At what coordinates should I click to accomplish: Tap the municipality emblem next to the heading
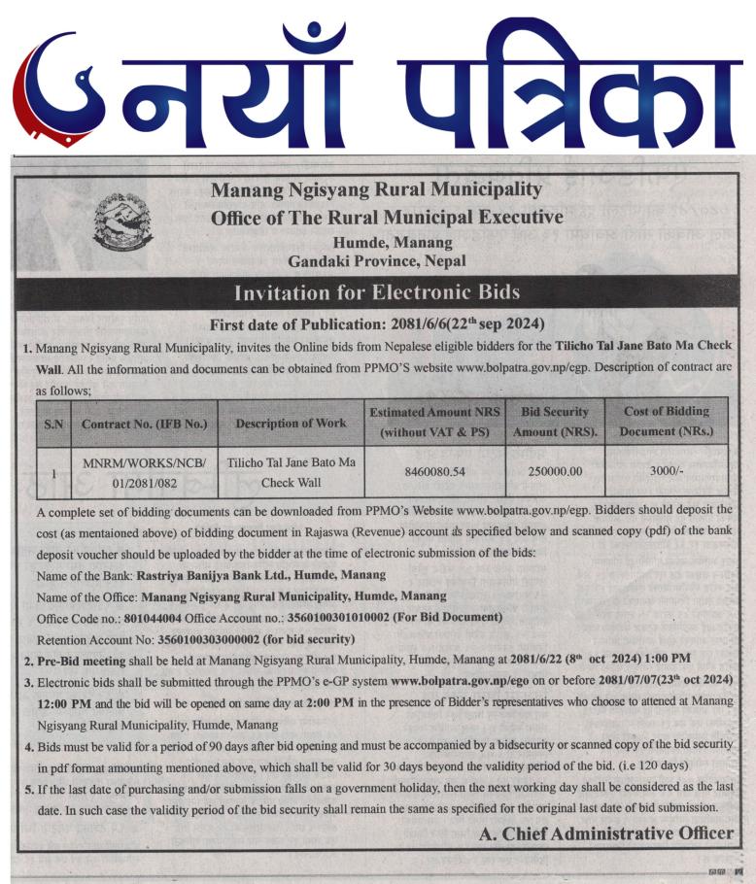120,221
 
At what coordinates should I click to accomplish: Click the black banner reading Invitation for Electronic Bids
377,292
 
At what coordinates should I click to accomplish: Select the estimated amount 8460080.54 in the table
434,471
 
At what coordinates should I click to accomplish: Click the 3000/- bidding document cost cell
667,471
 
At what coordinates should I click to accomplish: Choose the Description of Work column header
290,424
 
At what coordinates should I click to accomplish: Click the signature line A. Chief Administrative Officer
606,833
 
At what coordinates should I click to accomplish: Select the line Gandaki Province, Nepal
377,260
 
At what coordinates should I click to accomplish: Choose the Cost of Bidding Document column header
667,421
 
